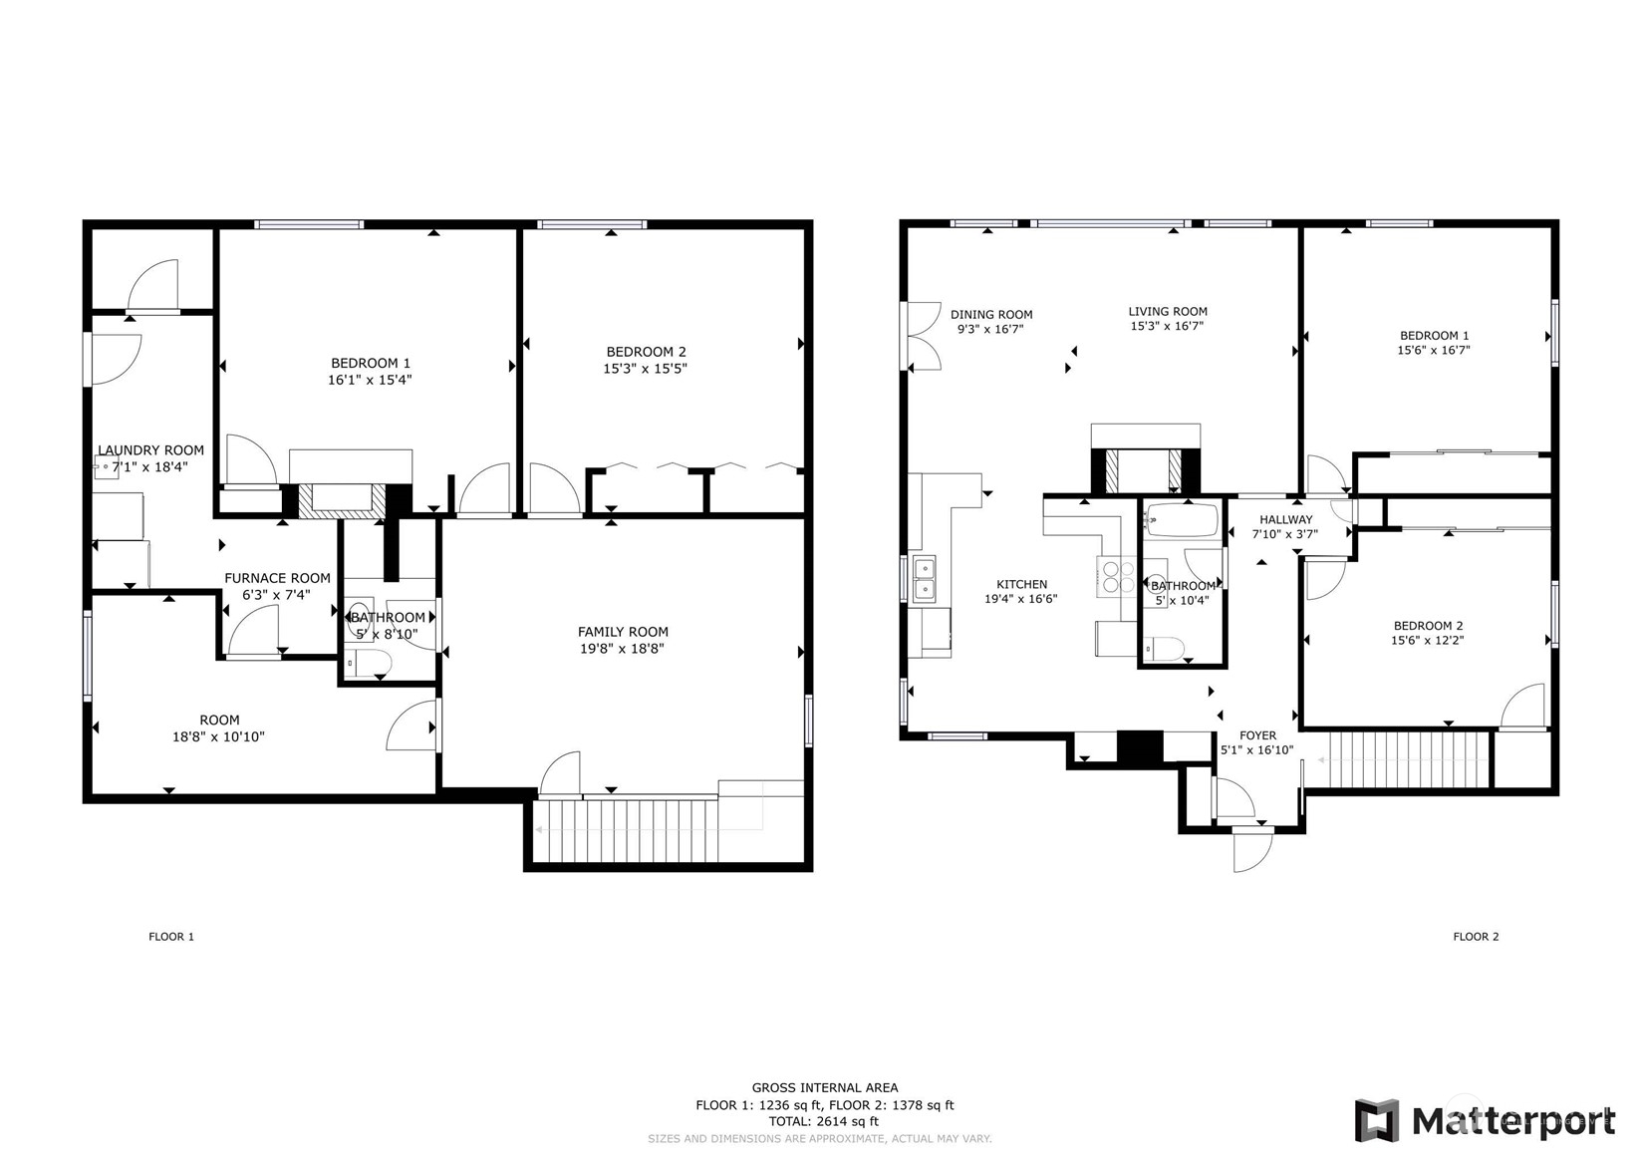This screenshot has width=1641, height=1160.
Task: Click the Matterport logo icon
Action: (1377, 1120)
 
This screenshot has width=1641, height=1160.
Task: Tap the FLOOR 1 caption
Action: (171, 937)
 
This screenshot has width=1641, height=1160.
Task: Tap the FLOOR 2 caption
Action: (1477, 937)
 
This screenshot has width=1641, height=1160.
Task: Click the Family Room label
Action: (623, 632)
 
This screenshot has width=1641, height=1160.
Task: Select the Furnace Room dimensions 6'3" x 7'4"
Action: (277, 595)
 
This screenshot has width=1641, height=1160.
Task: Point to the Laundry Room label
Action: (150, 449)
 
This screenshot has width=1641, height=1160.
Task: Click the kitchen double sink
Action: (925, 580)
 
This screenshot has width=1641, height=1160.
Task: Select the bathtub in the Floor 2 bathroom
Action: (1183, 521)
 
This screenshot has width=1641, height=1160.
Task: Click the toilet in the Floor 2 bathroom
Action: (1165, 649)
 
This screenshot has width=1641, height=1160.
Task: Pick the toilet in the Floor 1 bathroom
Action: (369, 663)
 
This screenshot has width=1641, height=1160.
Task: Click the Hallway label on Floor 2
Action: (1285, 519)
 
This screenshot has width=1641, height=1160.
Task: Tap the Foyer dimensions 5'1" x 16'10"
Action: (1257, 749)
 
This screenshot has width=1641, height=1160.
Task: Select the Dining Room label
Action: (991, 314)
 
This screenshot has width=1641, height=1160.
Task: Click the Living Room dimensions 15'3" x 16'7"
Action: (1167, 326)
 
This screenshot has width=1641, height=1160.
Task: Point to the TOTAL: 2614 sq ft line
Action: (823, 1121)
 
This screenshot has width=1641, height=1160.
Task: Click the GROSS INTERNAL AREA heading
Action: (825, 1088)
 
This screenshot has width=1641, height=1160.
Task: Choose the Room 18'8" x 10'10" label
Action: (219, 728)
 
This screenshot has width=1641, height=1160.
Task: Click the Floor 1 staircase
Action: (627, 830)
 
